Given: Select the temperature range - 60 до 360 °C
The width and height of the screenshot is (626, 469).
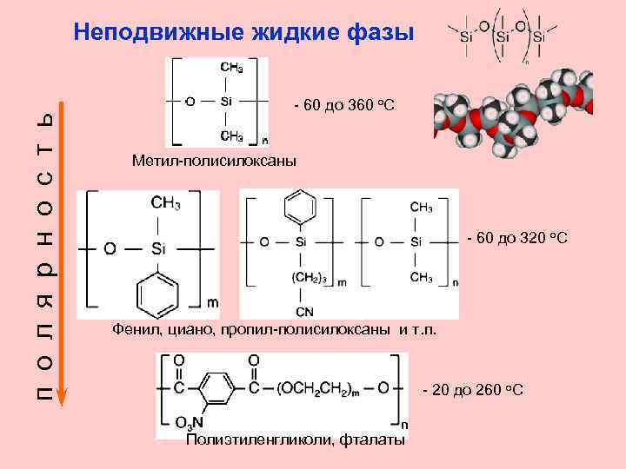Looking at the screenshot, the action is [344, 105].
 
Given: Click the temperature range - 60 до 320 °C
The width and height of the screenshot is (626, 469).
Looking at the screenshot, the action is [517, 237].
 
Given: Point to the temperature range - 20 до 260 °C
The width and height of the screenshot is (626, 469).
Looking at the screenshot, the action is [472, 389].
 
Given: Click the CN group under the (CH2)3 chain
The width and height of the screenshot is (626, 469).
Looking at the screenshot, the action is [304, 311].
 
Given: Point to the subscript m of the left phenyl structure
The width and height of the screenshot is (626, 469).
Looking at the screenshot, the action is [212, 303].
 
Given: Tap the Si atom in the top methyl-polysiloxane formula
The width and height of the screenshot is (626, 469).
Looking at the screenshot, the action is [225, 102].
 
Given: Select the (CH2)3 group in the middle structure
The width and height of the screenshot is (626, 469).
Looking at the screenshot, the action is [309, 278].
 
